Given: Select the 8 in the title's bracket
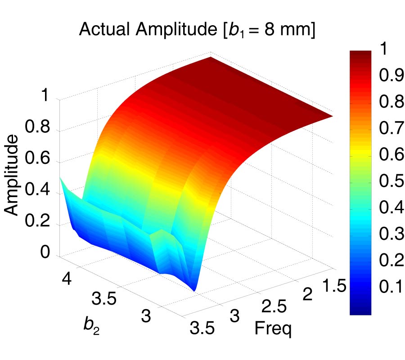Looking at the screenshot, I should pos(270,30).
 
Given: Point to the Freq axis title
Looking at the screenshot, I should pos(273,328).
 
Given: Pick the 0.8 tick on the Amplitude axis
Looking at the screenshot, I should pos(40,130).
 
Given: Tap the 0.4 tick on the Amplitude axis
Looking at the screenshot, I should pos(40,193).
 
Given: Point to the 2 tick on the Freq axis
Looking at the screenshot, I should pos(308,296).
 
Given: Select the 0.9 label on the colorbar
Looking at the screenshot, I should pos(390,77).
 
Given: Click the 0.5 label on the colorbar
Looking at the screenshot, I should pos(390,181).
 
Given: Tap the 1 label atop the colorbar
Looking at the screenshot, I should pos(383,50).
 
